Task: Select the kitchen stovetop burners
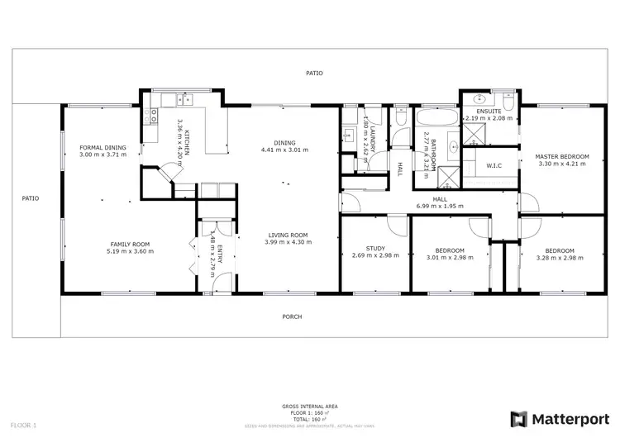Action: pos(152,117)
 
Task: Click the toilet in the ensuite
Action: pos(508,102)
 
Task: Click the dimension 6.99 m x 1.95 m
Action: pos(440,206)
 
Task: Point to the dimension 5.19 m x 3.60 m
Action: pos(131,251)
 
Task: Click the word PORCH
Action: pos(292,317)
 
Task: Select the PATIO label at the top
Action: pos(313,73)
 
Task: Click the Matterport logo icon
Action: pos(518,418)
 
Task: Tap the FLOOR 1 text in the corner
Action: pos(25,425)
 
